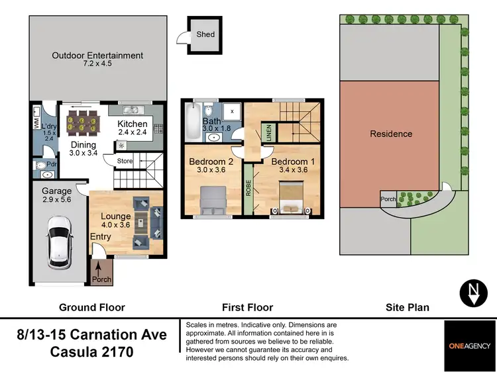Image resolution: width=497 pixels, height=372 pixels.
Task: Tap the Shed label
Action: [x=205, y=34]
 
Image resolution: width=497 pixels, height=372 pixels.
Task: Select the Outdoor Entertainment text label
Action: [x=97, y=56]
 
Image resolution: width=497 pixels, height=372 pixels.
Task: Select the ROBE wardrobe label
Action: [x=248, y=189]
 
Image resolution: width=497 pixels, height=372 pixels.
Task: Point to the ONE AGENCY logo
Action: [x=471, y=345]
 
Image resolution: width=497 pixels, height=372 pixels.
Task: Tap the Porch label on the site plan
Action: [x=388, y=198]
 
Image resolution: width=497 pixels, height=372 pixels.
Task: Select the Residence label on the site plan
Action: [x=391, y=134]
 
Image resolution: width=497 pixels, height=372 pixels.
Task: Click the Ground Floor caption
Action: [x=92, y=307]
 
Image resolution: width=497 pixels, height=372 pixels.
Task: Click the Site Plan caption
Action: [x=408, y=307]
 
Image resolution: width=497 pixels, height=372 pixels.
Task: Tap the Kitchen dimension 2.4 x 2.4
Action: [x=133, y=132]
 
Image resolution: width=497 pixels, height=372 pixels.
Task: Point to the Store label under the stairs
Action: [x=125, y=161]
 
